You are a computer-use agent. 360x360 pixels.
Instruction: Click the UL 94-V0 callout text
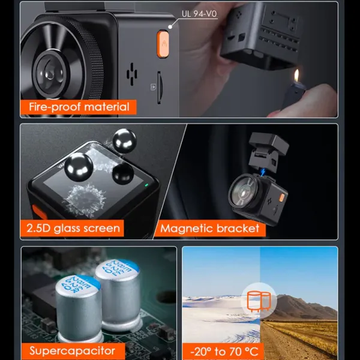click(199, 13)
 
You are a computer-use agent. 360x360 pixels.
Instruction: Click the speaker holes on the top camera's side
click(133, 74)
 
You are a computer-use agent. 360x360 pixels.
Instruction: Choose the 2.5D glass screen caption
click(73, 228)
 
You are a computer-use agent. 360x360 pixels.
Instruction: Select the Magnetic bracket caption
click(210, 228)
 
